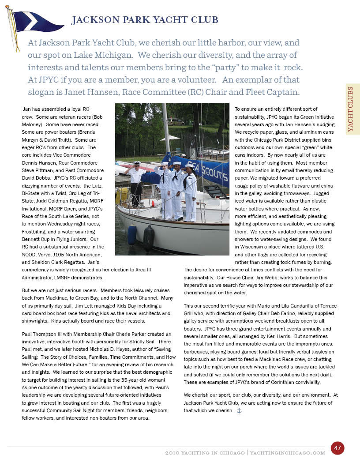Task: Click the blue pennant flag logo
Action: point(31,22)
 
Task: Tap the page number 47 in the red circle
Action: point(337,448)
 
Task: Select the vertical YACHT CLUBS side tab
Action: point(352,109)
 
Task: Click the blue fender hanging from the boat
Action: point(132,234)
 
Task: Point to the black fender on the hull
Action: point(148,238)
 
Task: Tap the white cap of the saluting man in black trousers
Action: point(137,163)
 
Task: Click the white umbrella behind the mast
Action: point(170,139)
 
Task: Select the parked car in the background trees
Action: point(176,122)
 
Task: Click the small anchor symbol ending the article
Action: point(240,411)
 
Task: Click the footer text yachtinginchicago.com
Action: point(288,453)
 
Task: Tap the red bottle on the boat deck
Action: point(152,204)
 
